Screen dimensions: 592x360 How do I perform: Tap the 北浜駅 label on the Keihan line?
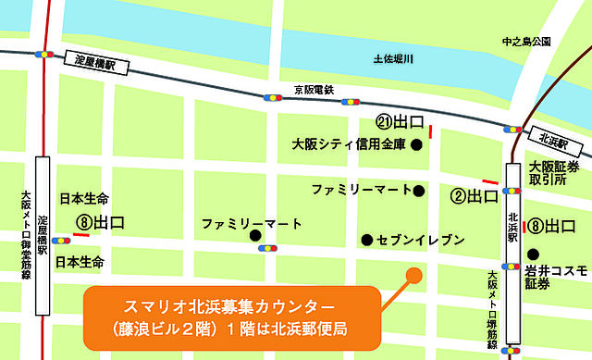tap(556, 138)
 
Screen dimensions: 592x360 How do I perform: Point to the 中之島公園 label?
tap(526, 42)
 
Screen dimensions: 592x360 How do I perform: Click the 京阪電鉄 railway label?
tap(313, 89)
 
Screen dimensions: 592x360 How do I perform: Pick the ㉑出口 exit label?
tap(400, 122)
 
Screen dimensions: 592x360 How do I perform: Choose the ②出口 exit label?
tap(475, 196)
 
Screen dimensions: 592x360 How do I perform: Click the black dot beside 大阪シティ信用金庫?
tap(417, 143)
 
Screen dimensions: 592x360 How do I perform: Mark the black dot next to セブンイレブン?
tap(367, 240)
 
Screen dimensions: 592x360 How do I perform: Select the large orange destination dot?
tap(413, 274)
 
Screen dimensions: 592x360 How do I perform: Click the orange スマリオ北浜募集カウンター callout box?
tap(230, 314)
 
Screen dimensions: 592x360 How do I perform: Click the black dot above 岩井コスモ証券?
tap(533, 252)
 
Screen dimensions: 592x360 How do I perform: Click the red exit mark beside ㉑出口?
tap(429, 133)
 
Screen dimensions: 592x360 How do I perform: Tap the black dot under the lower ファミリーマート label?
tap(254, 236)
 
